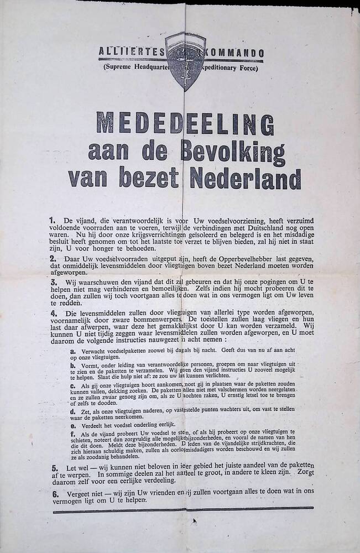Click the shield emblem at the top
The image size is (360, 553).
click(x=186, y=60)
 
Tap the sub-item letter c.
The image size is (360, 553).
click(x=72, y=384)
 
